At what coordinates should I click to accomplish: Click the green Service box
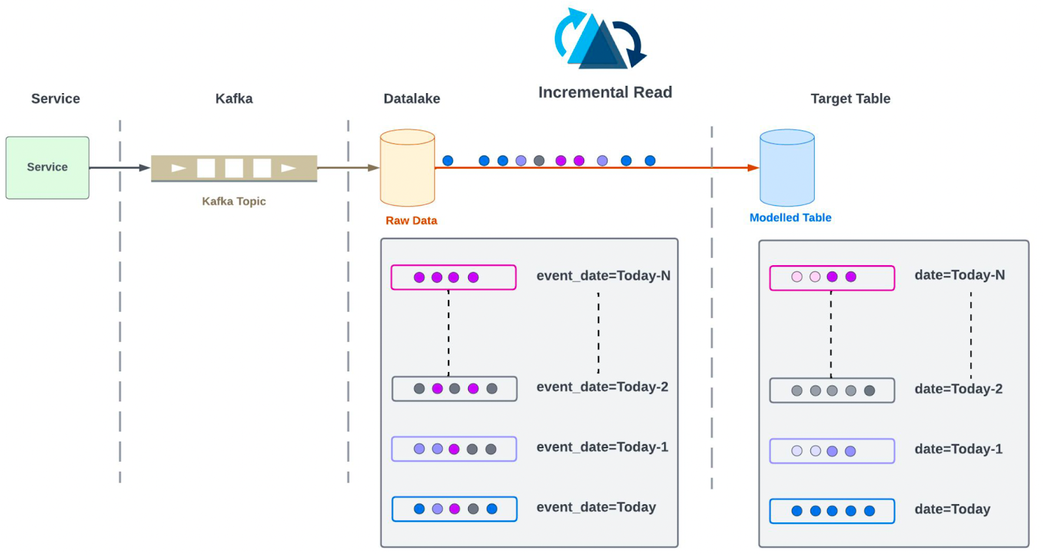coord(48,167)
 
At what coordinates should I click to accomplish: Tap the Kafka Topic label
coord(233,201)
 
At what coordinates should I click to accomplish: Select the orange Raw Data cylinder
coord(407,167)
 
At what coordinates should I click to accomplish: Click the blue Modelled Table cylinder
coord(787,167)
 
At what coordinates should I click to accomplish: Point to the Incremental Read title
coord(605,92)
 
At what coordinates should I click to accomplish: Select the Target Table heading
coord(850,98)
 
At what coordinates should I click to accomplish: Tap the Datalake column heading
coord(411,98)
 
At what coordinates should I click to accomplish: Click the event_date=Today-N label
coord(603,276)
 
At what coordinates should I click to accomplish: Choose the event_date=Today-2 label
coord(602,387)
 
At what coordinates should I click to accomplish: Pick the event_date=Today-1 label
coord(602,447)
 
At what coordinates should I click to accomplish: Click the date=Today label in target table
coord(952,509)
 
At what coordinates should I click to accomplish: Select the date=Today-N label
coord(960,275)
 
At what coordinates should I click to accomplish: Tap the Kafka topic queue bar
coord(234,168)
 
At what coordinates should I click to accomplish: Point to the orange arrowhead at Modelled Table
coord(753,168)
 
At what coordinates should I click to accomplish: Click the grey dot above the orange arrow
coord(539,160)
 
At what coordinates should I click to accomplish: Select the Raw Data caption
coord(411,221)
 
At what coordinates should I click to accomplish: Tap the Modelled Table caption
coord(790,218)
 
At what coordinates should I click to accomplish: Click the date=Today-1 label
coord(958,449)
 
